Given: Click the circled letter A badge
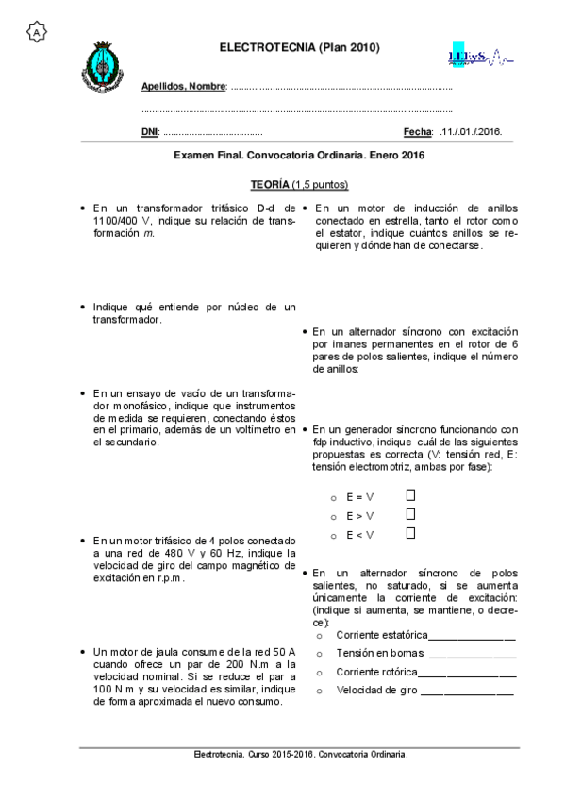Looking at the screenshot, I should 37,32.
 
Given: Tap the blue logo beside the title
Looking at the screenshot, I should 478,56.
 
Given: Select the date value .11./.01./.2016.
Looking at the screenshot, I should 471,132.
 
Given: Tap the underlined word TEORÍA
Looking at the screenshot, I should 270,184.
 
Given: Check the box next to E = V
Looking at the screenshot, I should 410,494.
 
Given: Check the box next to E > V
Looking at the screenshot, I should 410,514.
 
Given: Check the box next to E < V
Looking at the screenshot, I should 410,534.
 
